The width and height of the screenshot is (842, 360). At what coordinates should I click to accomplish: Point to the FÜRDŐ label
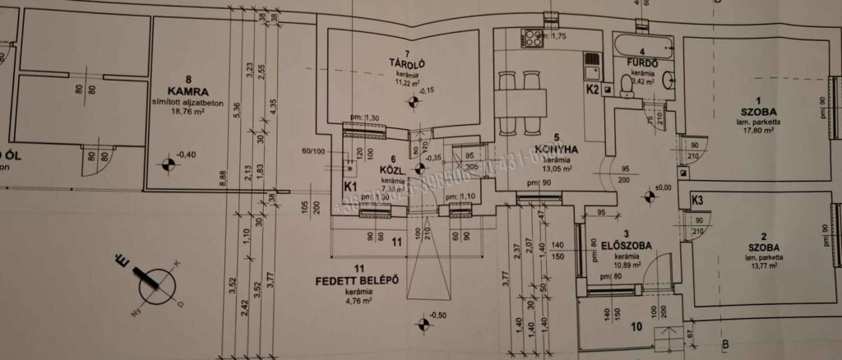640,62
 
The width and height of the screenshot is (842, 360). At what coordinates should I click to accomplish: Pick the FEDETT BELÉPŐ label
357,280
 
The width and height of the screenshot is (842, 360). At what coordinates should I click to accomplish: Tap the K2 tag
591,89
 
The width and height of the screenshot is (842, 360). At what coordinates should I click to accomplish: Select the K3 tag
696,200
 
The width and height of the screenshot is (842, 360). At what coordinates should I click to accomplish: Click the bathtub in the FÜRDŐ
641,42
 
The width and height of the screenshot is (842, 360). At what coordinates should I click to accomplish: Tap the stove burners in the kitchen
533,38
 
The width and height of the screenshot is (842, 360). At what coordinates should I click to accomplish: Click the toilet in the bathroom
626,82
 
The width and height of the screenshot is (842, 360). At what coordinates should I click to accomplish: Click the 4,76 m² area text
356,301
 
